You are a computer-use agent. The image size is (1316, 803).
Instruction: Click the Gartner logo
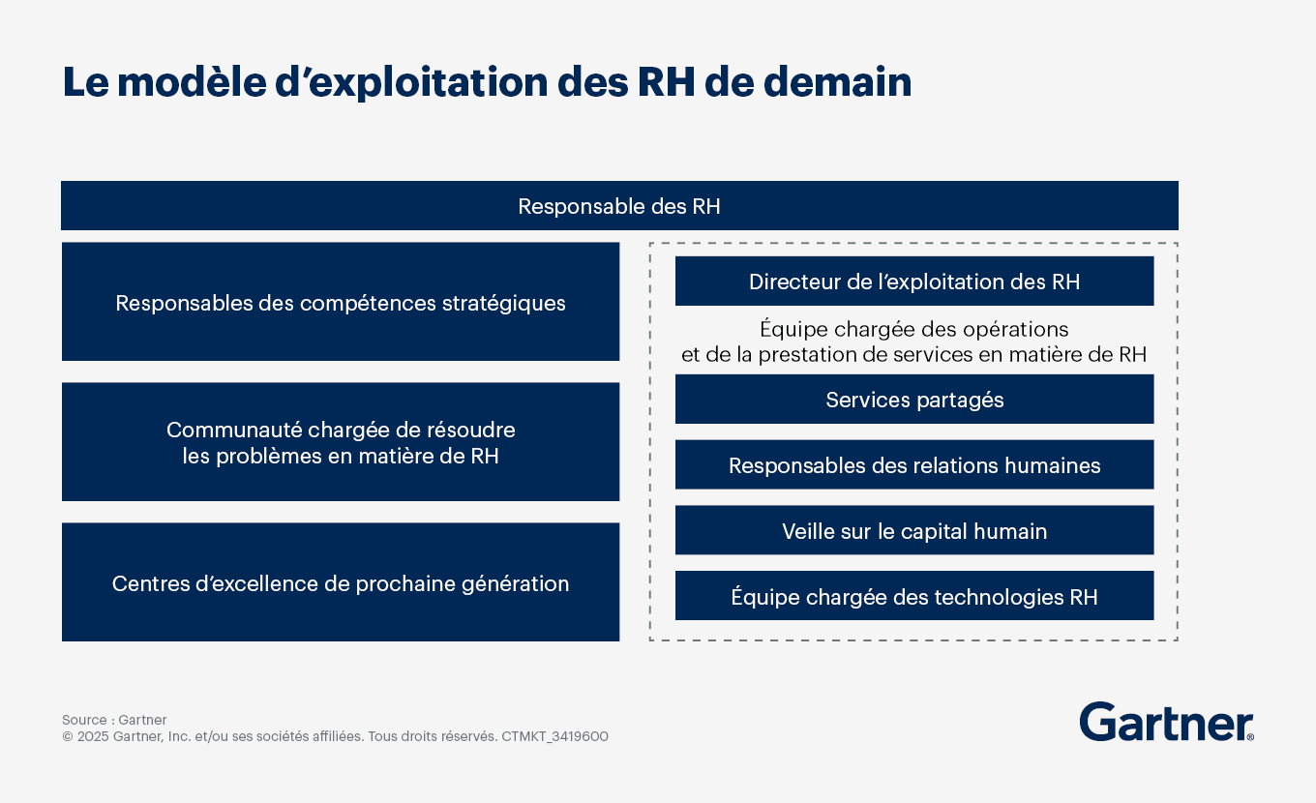point(1166,722)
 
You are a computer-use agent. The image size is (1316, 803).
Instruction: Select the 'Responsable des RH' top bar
point(619,206)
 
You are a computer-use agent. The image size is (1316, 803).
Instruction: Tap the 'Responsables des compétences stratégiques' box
point(341,301)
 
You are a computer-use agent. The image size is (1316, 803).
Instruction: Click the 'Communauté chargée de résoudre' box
point(341,442)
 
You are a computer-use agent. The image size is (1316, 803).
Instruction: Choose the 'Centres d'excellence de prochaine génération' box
point(341,582)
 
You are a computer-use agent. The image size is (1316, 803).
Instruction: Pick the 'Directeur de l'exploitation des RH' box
point(914,281)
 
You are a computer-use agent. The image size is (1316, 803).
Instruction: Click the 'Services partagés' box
point(914,399)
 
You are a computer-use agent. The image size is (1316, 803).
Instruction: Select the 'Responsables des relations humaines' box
point(914,464)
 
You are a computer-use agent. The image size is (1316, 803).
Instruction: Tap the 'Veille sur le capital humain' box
point(914,530)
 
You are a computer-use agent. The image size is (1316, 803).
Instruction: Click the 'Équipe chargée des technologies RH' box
point(914,596)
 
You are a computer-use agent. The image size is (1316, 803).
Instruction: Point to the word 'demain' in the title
point(838,81)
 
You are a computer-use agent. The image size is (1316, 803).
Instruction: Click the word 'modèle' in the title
point(193,81)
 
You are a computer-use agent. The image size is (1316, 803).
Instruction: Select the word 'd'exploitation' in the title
point(411,83)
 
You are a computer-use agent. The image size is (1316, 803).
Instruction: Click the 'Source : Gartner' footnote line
point(114,720)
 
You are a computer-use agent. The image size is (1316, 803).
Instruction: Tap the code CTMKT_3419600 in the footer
point(554,736)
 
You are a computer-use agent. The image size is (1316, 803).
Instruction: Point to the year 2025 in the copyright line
point(93,736)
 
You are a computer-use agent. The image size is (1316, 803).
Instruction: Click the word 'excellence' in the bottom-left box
point(261,583)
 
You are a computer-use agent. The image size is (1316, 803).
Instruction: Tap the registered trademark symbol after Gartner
point(1250,736)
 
